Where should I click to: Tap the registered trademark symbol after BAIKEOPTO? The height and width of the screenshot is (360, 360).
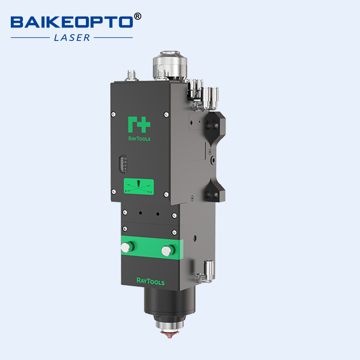click(x=138, y=17)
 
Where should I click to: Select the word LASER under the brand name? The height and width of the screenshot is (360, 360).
click(x=72, y=38)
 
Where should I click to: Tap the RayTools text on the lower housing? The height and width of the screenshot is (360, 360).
click(x=150, y=282)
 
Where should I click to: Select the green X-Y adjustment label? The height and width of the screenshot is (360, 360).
click(x=139, y=186)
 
